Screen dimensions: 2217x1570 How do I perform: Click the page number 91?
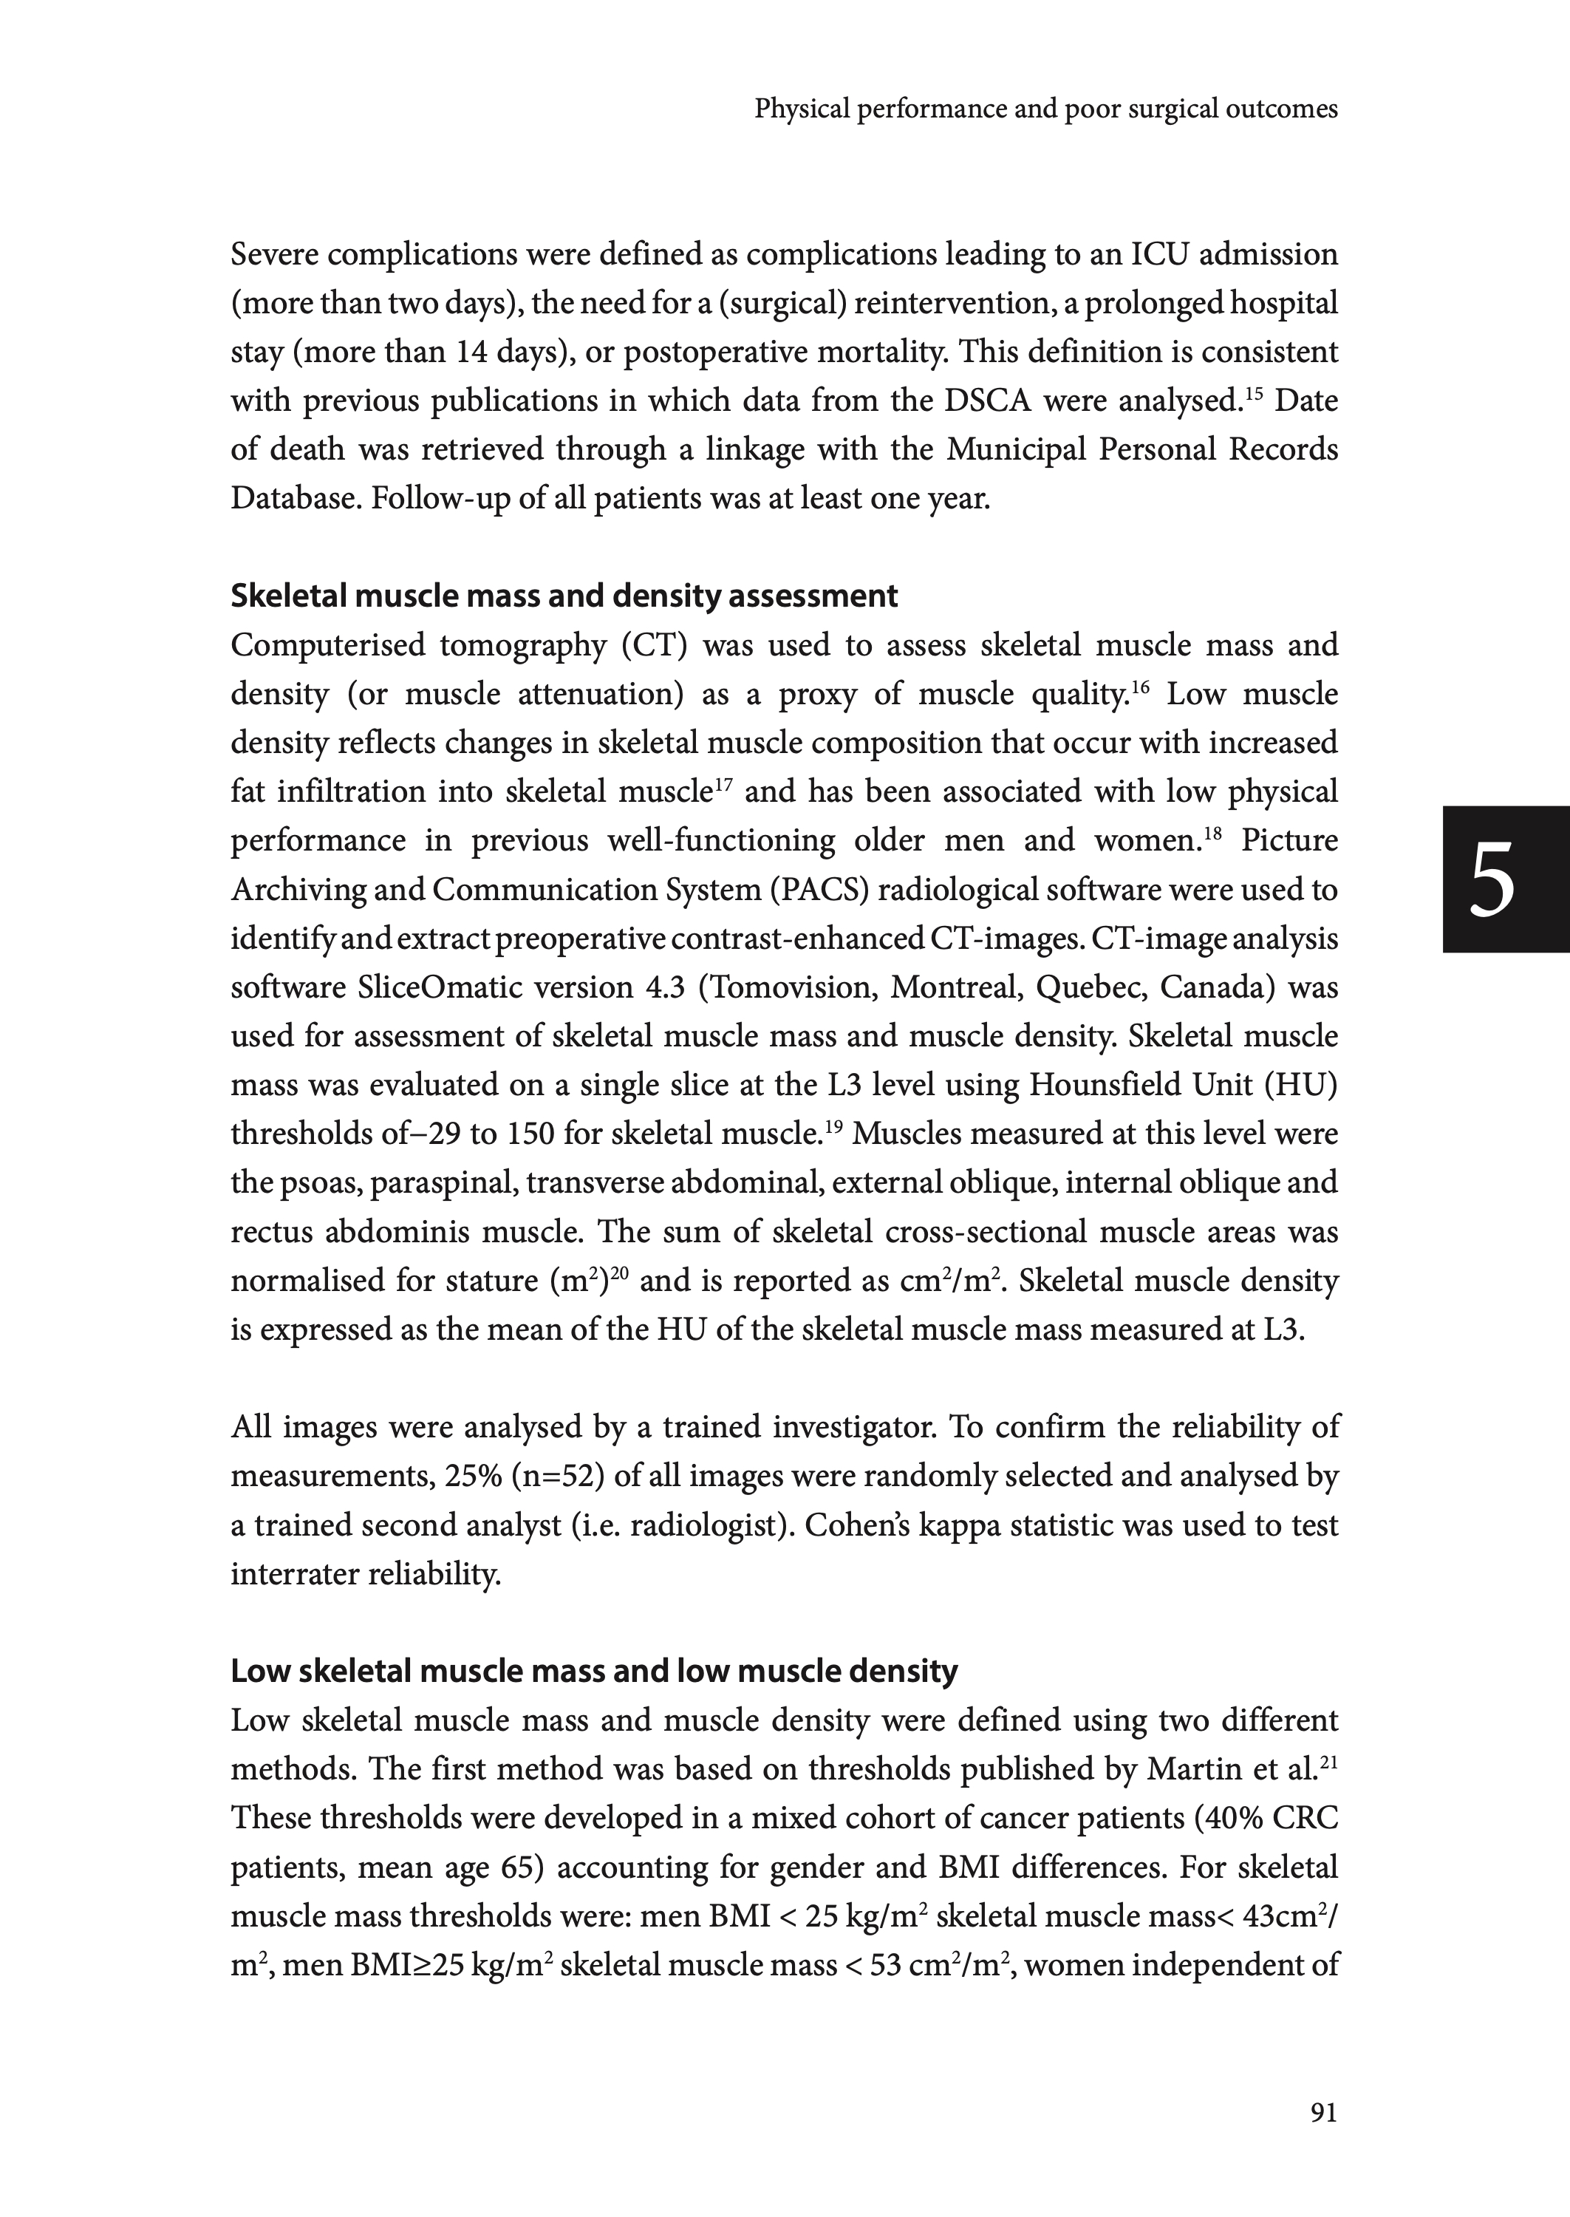coord(1323,2113)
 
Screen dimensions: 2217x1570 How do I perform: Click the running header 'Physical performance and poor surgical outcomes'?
coord(1046,109)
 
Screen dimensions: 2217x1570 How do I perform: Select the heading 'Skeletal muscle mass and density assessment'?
coord(564,596)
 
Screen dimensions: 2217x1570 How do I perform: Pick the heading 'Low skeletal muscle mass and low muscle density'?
coord(593,1671)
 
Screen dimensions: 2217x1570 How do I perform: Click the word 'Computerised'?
coord(327,645)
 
